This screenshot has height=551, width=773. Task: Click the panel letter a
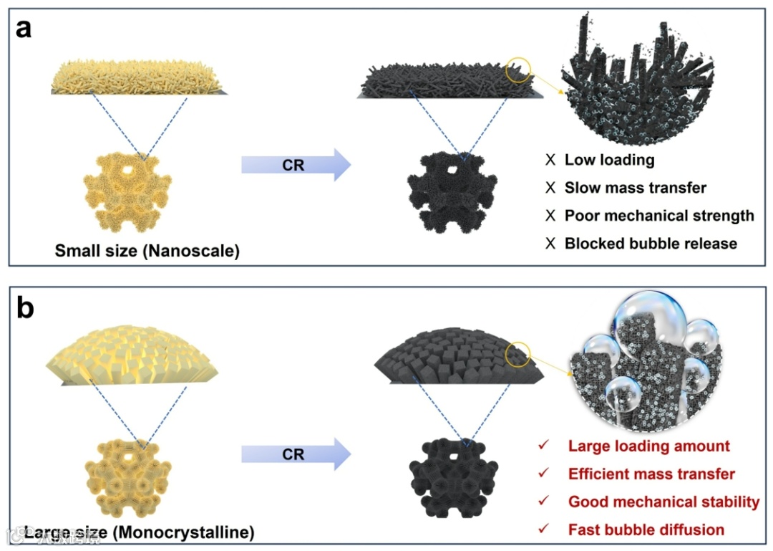click(24, 33)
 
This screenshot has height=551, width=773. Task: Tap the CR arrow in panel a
click(295, 166)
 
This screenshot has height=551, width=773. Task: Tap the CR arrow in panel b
click(295, 455)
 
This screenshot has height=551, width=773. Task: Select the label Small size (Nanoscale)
click(147, 251)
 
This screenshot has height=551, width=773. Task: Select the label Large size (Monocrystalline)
click(139, 532)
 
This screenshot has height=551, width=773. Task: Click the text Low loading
click(609, 160)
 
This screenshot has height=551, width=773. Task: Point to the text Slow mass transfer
click(635, 188)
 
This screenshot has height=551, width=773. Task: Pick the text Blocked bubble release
click(651, 244)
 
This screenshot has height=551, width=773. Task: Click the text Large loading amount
click(648, 446)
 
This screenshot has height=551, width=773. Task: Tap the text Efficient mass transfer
click(651, 474)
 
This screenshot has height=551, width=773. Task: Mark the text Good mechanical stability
click(663, 502)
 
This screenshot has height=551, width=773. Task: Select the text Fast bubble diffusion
click(646, 530)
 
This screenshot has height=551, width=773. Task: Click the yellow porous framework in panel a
click(127, 192)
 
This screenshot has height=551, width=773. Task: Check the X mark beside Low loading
click(550, 160)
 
